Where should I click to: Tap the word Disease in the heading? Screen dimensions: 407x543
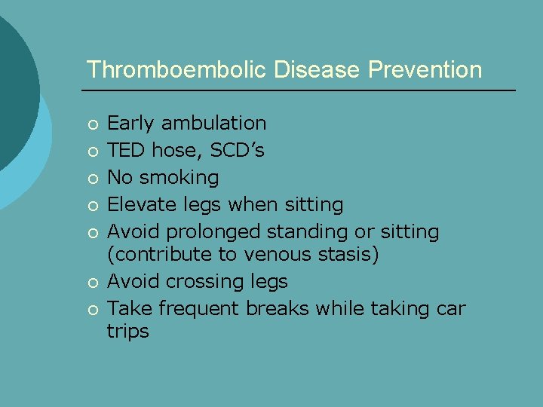318,70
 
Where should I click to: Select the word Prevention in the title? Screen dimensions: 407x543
425,70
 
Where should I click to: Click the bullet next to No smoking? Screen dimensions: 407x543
92,179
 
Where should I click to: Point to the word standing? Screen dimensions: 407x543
309,231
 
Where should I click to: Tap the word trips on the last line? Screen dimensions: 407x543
127,332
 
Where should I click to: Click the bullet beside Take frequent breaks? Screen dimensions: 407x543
92,310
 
